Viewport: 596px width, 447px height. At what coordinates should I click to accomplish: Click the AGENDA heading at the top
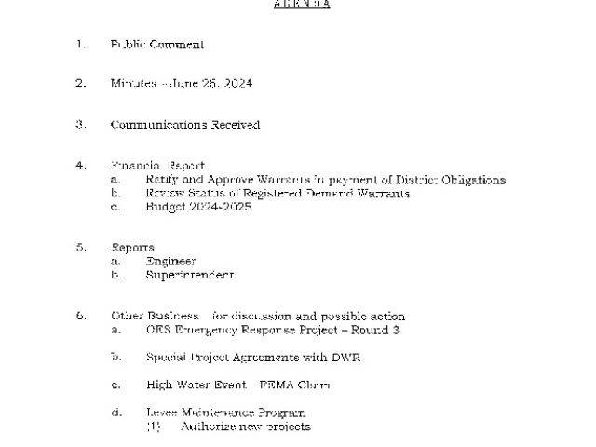[x=303, y=4]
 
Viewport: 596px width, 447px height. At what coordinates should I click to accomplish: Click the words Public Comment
[x=156, y=44]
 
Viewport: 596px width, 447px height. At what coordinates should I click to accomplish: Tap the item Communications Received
[x=184, y=124]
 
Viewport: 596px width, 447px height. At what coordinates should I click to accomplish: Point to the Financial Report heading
[x=157, y=166]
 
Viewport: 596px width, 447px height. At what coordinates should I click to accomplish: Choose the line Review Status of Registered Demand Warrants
[x=277, y=193]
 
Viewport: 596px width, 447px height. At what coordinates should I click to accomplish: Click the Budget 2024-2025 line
[x=197, y=207]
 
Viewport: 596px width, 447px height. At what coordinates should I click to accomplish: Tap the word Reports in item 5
[x=131, y=248]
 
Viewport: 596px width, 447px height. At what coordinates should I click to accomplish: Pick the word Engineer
[x=170, y=262]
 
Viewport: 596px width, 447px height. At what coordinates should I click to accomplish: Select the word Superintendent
[x=189, y=276]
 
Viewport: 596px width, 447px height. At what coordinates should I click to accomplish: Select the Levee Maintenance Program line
[x=225, y=412]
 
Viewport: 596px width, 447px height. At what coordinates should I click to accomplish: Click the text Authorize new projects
[x=245, y=427]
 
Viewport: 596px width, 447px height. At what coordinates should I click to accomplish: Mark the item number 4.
[x=81, y=166]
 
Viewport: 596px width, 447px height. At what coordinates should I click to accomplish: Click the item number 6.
[x=81, y=317]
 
